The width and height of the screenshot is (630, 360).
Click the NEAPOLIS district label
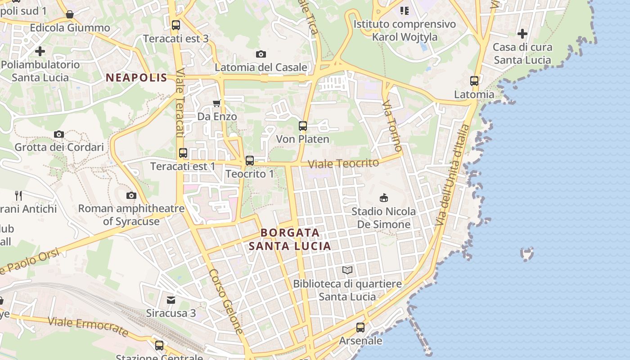136,77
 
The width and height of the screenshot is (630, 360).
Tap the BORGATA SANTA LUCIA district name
290,239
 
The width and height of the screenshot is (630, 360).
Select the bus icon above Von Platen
303,126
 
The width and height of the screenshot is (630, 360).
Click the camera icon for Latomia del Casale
261,54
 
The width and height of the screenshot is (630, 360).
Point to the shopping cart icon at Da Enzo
216,103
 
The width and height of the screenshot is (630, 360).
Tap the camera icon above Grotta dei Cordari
59,134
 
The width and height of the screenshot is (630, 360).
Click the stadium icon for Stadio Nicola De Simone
384,198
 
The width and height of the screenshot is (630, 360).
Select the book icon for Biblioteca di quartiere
347,270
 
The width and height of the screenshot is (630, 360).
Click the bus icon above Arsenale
360,328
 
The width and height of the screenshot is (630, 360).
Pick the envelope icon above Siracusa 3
171,300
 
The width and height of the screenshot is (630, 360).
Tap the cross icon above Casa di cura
522,34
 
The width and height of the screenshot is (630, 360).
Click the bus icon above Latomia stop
474,81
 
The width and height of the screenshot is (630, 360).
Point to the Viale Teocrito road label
344,163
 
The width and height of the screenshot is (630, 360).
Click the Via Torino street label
392,126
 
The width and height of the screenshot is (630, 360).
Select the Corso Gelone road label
226,301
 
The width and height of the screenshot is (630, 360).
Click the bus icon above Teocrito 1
250,161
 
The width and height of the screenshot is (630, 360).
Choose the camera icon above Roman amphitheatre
131,195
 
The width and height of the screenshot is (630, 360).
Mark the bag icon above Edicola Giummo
70,15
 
